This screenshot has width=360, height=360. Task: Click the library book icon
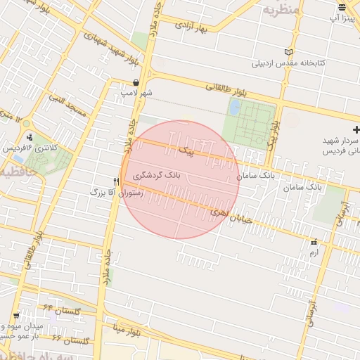pyautogui.click(x=288, y=51)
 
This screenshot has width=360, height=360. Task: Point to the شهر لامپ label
pyautogui.click(x=136, y=92)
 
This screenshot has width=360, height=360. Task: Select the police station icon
pyautogui.click(x=30, y=137)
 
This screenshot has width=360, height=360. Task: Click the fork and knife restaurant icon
pyautogui.click(x=116, y=181)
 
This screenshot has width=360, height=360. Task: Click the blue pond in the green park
pyautogui.click(x=234, y=108)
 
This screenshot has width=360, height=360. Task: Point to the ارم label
pyautogui.click(x=314, y=251)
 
